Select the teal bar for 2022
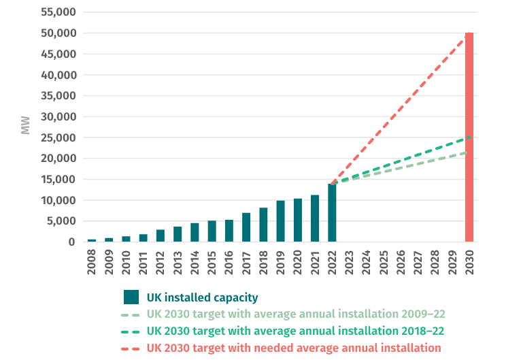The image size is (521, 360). pos(332,213)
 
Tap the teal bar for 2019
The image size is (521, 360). pos(280,221)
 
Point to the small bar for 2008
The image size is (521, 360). pos(92,240)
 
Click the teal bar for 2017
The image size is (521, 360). pos(246,227)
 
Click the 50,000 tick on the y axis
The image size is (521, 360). pos(58,33)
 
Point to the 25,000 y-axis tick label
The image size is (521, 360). pos(58,138)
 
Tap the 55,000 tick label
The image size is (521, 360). pos(58,12)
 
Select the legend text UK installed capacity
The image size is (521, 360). pos(202,297)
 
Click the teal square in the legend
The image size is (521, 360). pos(131,297)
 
